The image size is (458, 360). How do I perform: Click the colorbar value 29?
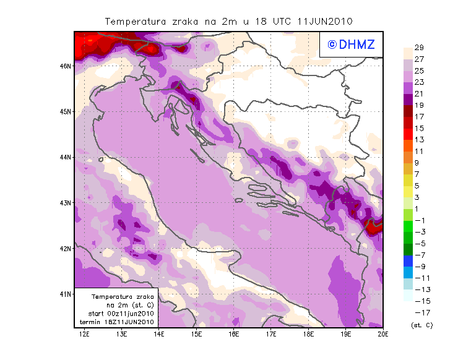(419, 48)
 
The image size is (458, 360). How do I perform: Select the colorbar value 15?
(419, 128)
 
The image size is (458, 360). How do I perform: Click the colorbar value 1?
(418, 208)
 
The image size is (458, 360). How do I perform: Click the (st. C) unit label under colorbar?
(421, 325)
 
